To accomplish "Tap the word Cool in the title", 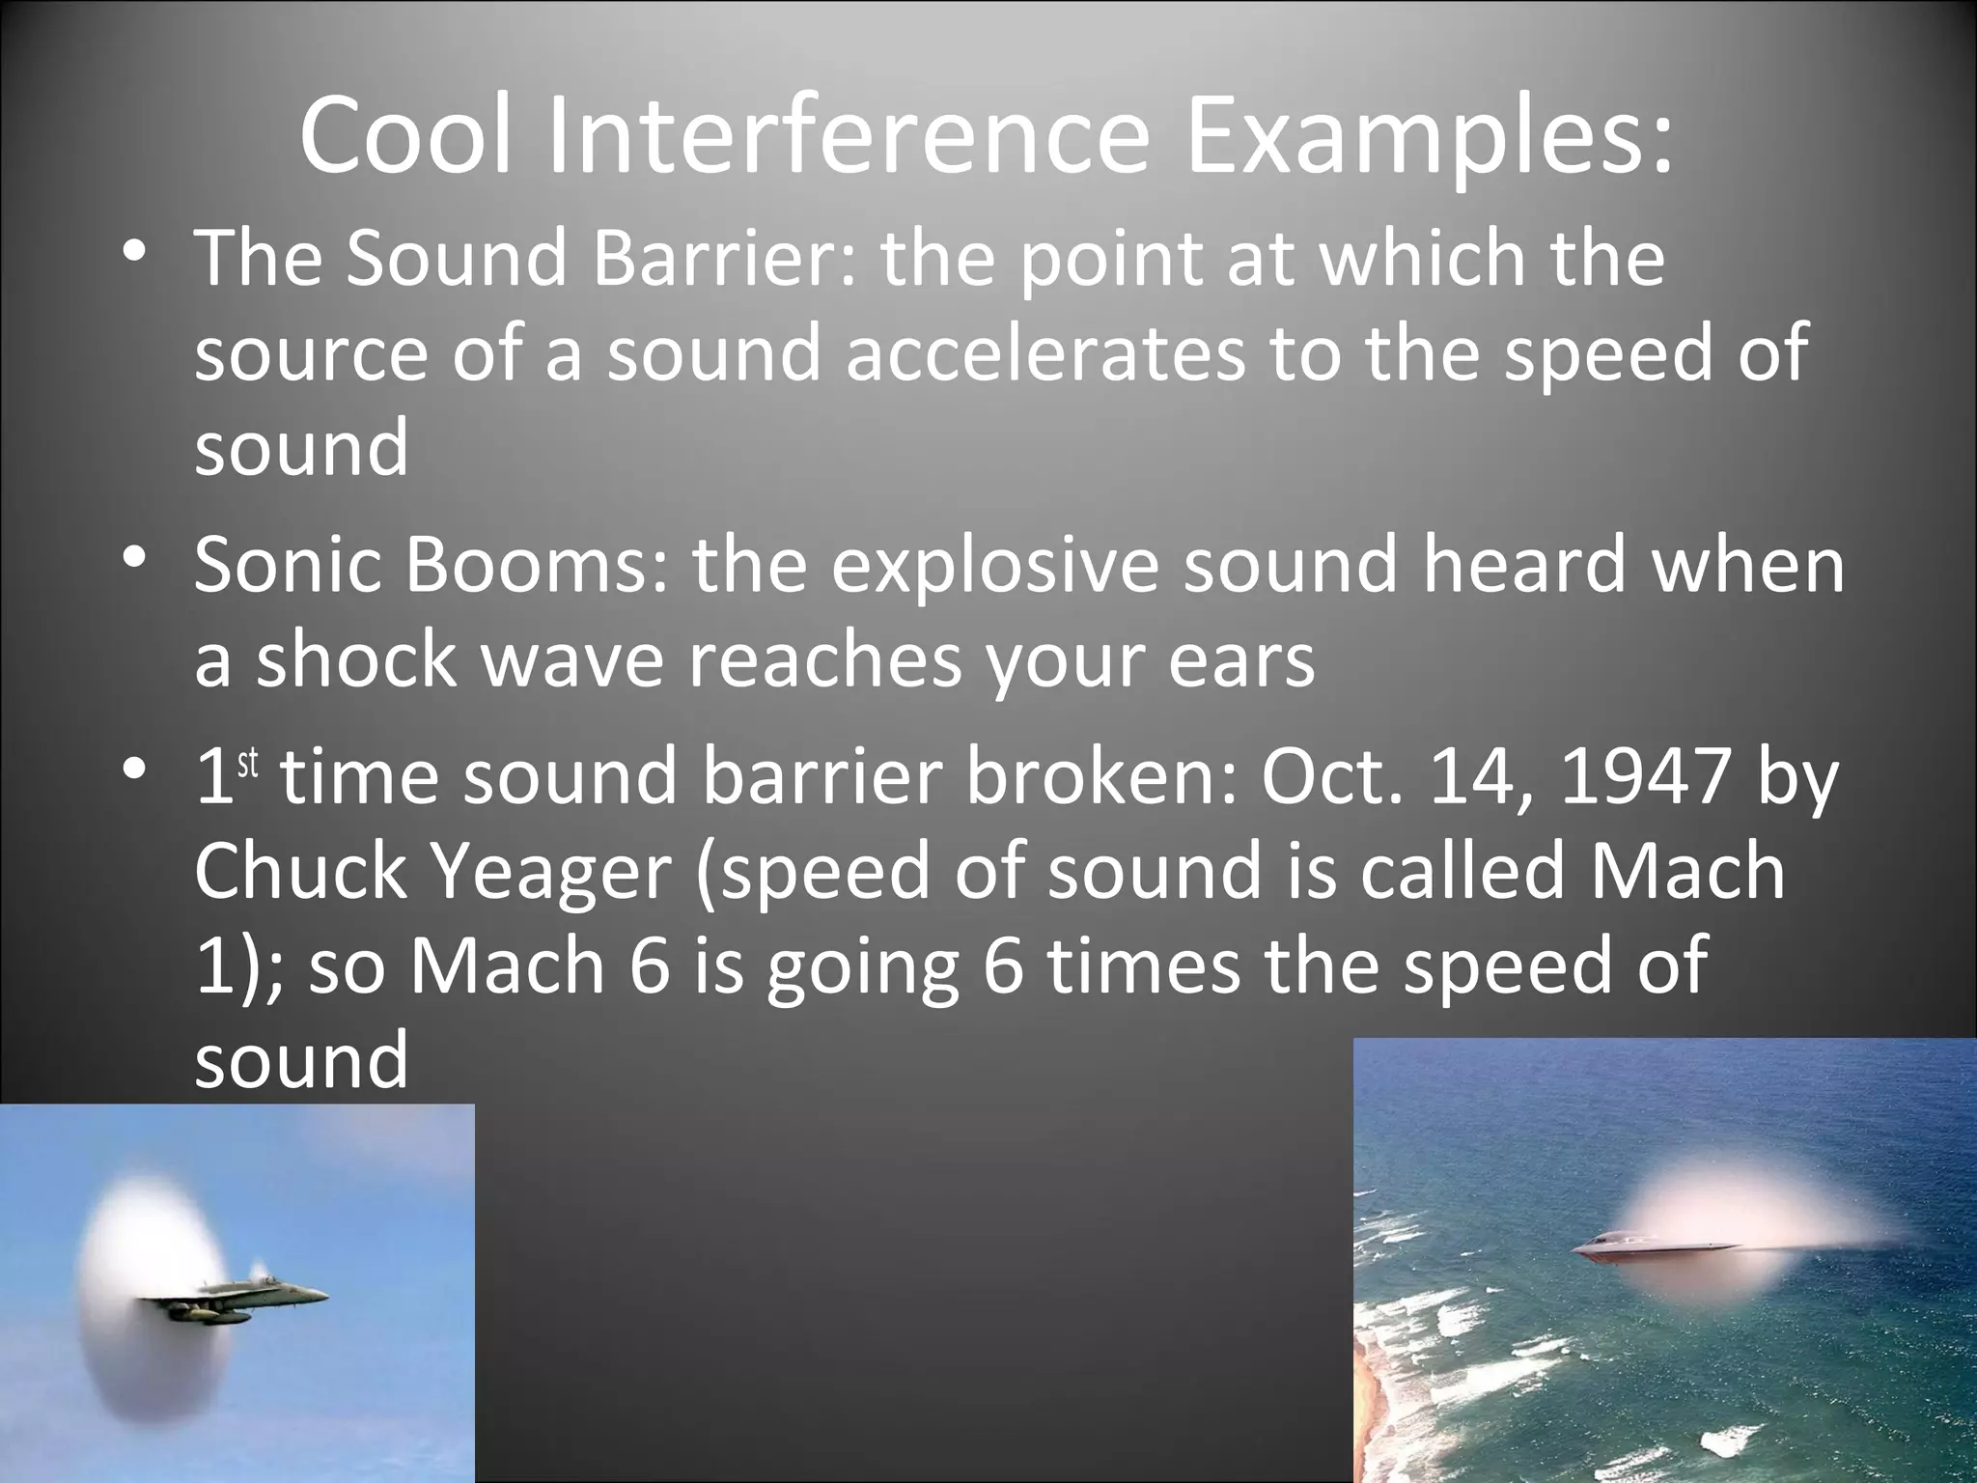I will point(405,137).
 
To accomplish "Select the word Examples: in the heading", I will point(1429,137).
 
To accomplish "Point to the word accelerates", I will point(1045,353).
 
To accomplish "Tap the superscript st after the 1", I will point(248,763).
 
